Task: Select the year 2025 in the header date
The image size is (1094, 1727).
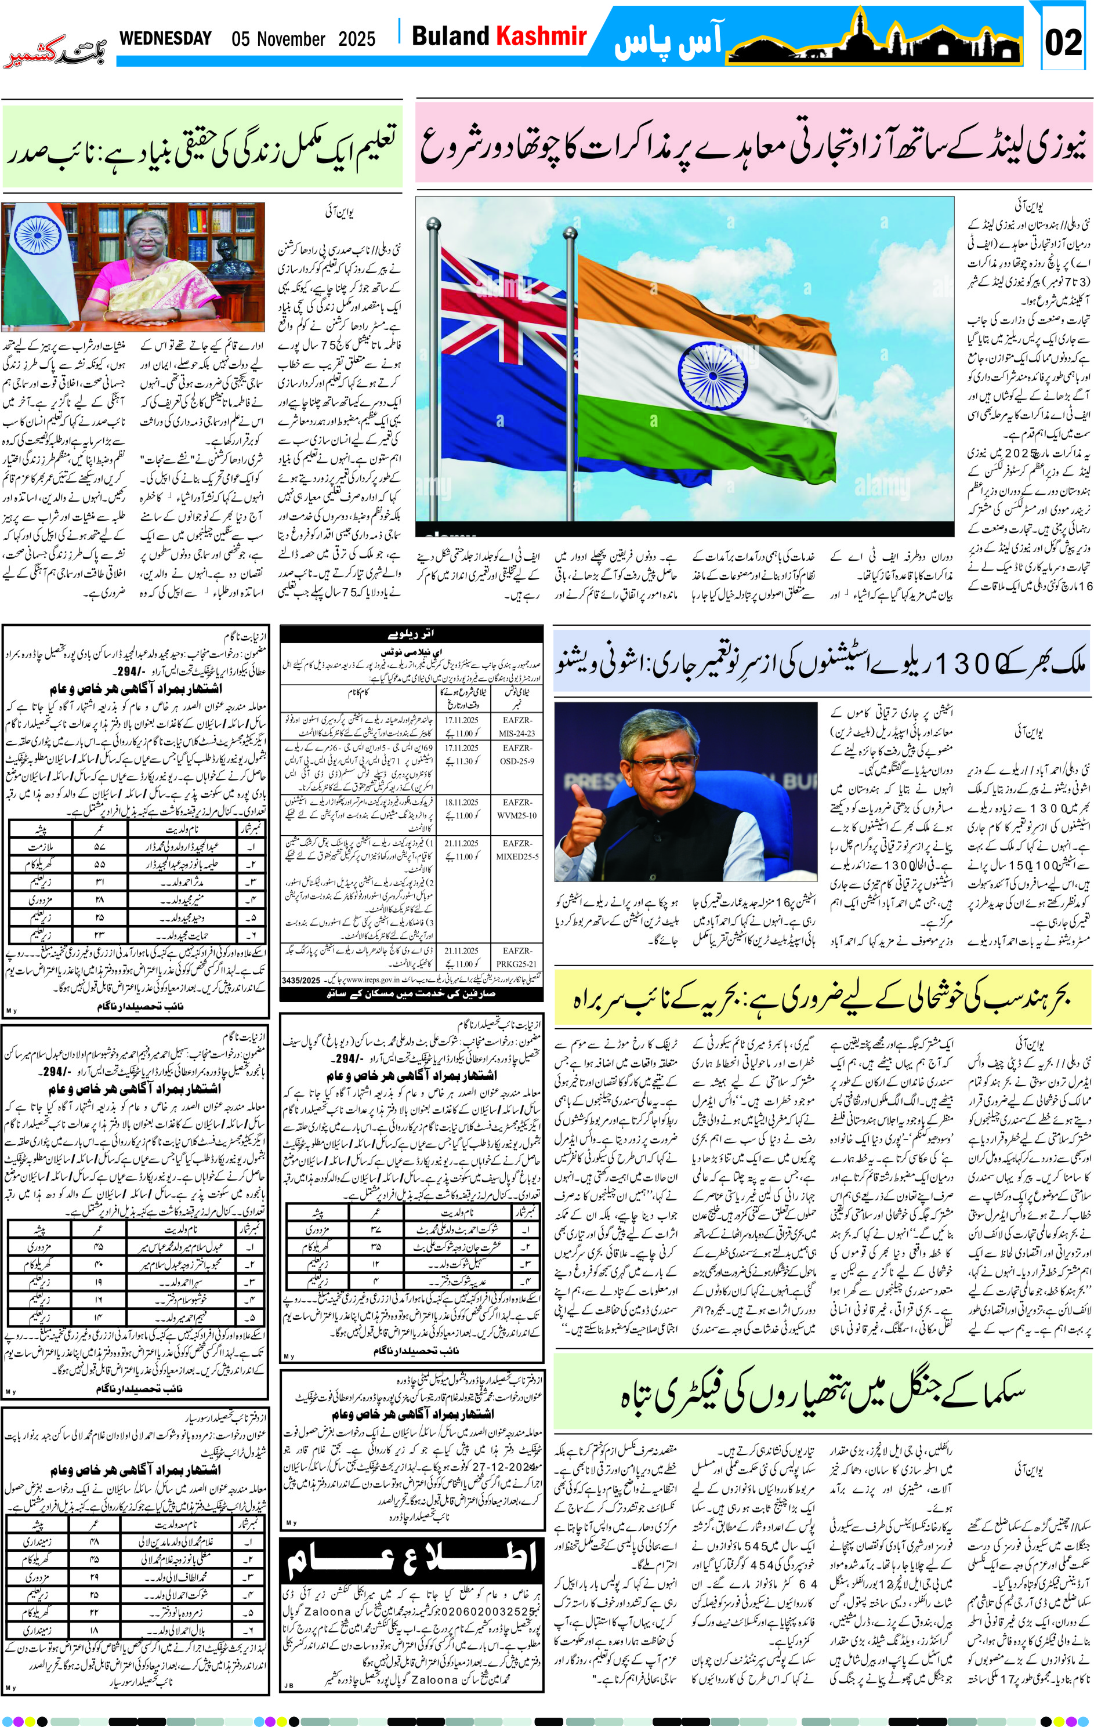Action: tap(357, 39)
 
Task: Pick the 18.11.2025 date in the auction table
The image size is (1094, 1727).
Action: tap(461, 802)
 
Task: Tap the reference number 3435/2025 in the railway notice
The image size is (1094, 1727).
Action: tap(301, 979)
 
